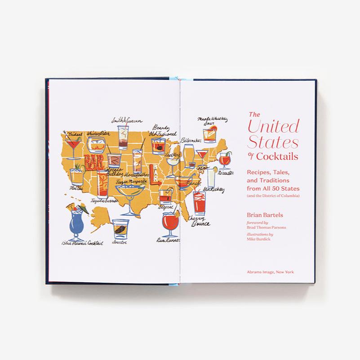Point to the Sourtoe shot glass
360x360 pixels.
(120, 228)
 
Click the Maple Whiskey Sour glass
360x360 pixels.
(209, 134)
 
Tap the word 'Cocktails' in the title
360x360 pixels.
(278, 156)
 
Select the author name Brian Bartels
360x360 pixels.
(266, 216)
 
